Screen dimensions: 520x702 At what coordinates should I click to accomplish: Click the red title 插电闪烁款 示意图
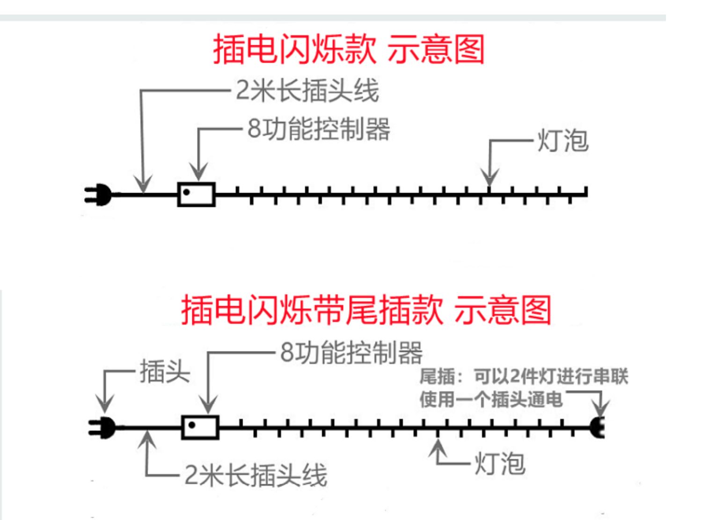(349, 49)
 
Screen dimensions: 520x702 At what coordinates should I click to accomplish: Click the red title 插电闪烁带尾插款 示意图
(366, 310)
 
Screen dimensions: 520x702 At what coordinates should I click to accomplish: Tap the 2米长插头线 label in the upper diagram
(307, 90)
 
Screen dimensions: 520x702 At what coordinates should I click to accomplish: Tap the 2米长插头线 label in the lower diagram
(256, 475)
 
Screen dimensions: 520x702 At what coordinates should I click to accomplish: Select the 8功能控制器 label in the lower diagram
(351, 352)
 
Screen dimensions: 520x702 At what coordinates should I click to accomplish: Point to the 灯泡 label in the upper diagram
(562, 140)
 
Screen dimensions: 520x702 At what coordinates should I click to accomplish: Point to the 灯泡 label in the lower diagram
(500, 464)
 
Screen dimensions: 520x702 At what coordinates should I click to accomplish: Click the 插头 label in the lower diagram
(165, 372)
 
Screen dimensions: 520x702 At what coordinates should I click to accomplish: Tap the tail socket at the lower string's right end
(598, 427)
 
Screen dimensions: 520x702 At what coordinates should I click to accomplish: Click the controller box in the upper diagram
(197, 194)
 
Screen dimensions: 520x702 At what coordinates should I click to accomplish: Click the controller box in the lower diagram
(200, 427)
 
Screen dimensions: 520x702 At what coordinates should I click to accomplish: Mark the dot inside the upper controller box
(186, 192)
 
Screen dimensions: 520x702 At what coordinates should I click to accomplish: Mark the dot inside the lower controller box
(191, 425)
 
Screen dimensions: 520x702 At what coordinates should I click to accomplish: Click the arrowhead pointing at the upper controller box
(199, 171)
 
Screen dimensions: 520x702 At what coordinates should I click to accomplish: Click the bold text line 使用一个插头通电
(491, 400)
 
